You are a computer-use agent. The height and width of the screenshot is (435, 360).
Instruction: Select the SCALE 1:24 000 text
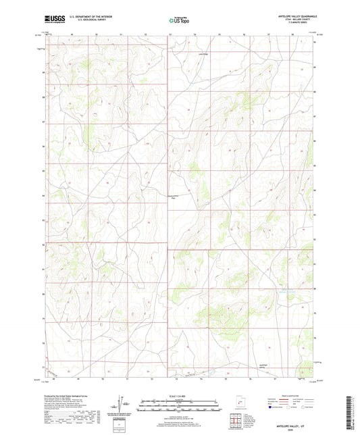(x=179, y=396)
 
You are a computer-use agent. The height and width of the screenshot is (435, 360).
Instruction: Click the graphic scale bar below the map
(x=179, y=405)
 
